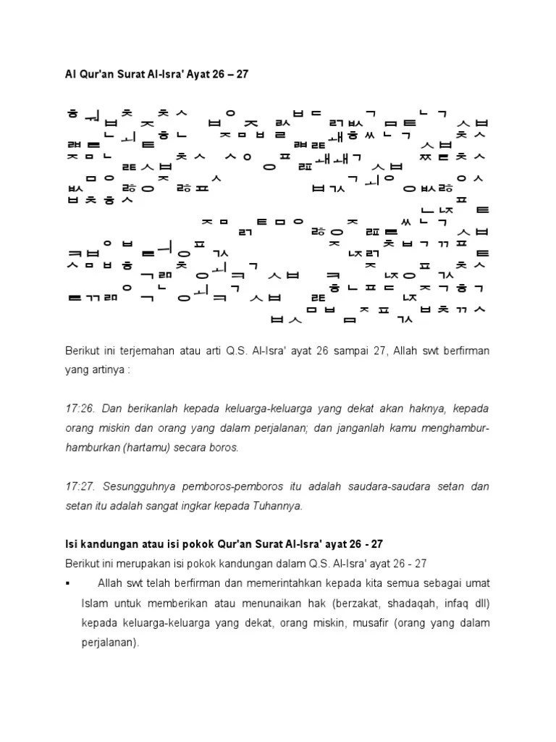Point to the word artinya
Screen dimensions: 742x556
click(106, 370)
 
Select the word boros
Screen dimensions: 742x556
click(222, 448)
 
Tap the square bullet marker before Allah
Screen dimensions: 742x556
click(67, 584)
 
